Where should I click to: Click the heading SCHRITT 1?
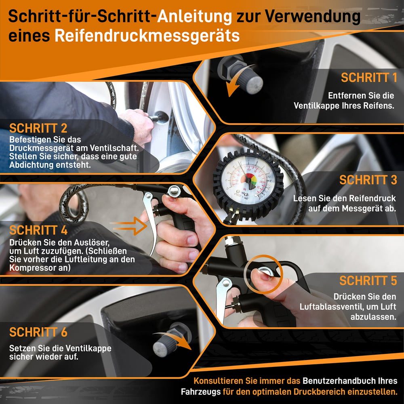click(x=369, y=78)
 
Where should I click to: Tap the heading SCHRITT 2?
click(x=38, y=128)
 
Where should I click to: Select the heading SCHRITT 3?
click(x=368, y=180)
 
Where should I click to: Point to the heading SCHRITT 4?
click(x=38, y=230)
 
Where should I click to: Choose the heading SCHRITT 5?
click(x=368, y=280)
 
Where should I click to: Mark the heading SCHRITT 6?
click(x=38, y=332)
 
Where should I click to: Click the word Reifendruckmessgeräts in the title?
click(x=147, y=36)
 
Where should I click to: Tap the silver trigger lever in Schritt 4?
click(x=152, y=221)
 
